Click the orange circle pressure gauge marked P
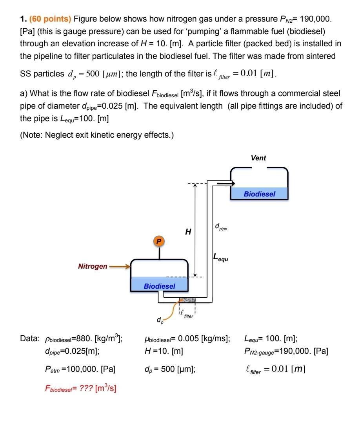click(x=159, y=242)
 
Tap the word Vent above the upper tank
click(x=258, y=158)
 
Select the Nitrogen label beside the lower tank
click(x=93, y=267)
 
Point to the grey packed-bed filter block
click(x=187, y=300)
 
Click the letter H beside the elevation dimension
click(x=188, y=232)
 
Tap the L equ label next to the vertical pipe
click(x=220, y=258)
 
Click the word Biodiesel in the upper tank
click(x=259, y=194)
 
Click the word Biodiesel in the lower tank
click(x=160, y=286)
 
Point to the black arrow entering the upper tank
click(x=225, y=183)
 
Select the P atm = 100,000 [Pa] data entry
click(x=80, y=369)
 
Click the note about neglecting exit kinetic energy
click(x=97, y=135)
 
